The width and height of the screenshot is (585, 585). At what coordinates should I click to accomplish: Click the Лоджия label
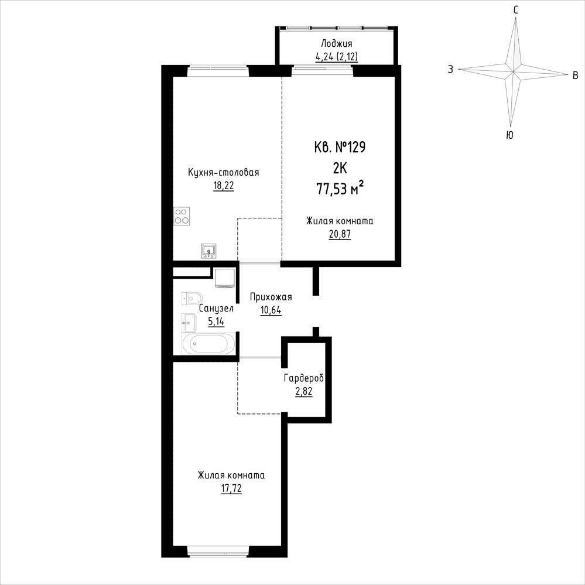(x=337, y=44)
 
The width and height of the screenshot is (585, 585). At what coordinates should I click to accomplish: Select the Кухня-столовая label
(x=224, y=173)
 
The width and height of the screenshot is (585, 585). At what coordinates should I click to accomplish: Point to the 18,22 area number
(x=224, y=186)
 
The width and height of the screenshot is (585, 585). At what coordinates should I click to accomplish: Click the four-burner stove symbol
(x=182, y=216)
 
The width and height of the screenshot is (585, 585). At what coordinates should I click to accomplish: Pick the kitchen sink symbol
(x=208, y=251)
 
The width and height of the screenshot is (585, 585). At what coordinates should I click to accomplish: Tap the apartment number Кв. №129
(x=340, y=147)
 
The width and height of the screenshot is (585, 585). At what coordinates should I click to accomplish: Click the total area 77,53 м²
(x=340, y=189)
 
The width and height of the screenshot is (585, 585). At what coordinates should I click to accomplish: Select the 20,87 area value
(x=340, y=234)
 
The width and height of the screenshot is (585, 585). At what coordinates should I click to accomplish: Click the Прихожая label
(x=271, y=297)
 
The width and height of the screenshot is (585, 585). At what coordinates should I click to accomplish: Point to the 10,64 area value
(x=271, y=310)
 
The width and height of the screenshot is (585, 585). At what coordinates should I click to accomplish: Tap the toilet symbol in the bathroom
(x=192, y=299)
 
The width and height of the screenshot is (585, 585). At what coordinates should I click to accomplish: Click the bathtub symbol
(x=208, y=344)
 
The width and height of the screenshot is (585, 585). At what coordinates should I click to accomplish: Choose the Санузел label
(x=216, y=309)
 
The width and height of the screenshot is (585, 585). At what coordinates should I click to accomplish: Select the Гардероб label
(x=304, y=379)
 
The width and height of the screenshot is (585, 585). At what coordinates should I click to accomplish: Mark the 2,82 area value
(x=304, y=392)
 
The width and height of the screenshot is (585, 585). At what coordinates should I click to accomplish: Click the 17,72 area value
(x=231, y=488)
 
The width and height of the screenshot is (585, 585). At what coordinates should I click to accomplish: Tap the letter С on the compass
(x=516, y=10)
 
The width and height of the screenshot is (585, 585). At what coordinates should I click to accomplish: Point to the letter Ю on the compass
(x=509, y=135)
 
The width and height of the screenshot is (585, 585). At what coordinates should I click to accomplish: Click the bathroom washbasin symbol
(x=189, y=323)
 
